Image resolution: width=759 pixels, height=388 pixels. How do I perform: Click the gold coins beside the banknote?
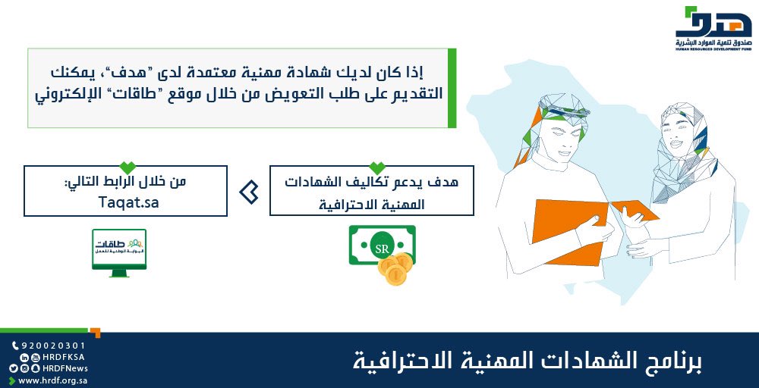click(395, 268)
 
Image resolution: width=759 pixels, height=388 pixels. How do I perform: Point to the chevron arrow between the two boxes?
click(248, 192)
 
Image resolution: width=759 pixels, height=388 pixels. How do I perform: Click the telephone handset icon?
click(14, 346)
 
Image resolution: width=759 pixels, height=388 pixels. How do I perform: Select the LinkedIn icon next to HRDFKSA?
click(24, 357)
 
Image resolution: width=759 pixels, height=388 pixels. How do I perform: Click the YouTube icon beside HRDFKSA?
click(35, 357)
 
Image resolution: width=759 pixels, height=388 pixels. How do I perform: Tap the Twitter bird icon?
click(13, 368)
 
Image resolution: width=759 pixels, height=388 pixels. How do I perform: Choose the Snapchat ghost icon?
click(35, 368)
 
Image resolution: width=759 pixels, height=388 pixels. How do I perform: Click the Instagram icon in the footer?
click(24, 368)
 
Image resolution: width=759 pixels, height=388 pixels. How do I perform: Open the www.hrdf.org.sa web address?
click(53, 380)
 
